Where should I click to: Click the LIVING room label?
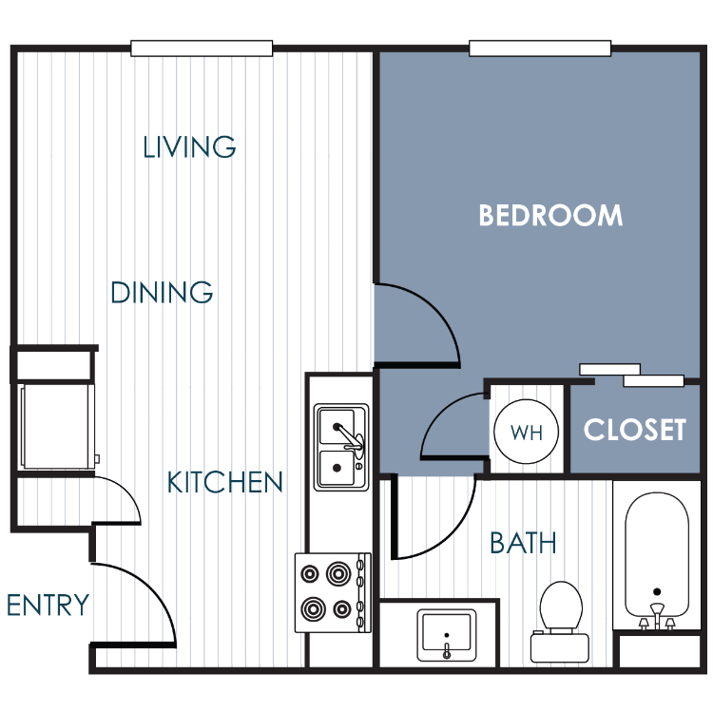[189, 146]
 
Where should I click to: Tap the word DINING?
[162, 292]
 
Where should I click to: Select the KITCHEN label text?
[225, 482]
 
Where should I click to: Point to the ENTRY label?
[48, 605]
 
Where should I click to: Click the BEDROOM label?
[550, 216]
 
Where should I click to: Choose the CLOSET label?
[635, 430]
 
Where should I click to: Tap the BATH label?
[523, 543]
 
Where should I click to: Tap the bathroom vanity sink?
[447, 635]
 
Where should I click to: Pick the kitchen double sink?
[341, 448]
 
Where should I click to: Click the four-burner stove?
[333, 592]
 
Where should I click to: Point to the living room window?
[202, 48]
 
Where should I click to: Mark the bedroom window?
[540, 48]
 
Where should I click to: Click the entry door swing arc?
[150, 587]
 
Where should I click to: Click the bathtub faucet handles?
[657, 617]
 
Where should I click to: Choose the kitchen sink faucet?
[350, 437]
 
